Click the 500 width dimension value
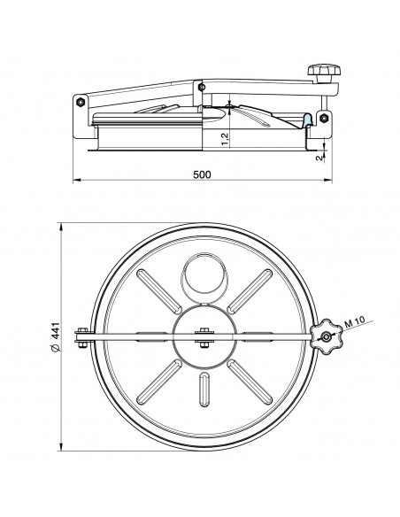click(x=202, y=175)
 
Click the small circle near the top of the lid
click(x=202, y=276)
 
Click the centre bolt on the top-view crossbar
click(x=202, y=335)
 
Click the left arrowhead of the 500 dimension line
click(x=74, y=181)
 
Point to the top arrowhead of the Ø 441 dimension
click(x=59, y=225)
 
